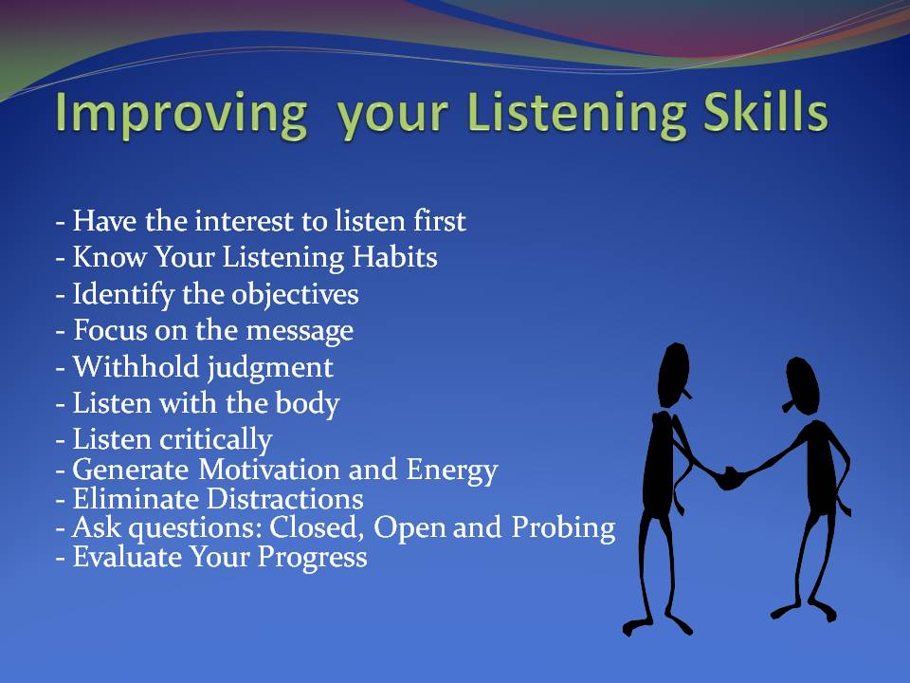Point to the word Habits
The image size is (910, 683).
(394, 257)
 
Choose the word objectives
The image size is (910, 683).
(294, 295)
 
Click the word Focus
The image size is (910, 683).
(110, 330)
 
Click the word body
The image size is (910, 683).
(307, 404)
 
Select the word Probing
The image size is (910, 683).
(563, 528)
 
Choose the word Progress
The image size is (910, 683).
(312, 558)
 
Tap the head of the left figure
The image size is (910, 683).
(674, 375)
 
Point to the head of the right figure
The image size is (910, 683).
(802, 385)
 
